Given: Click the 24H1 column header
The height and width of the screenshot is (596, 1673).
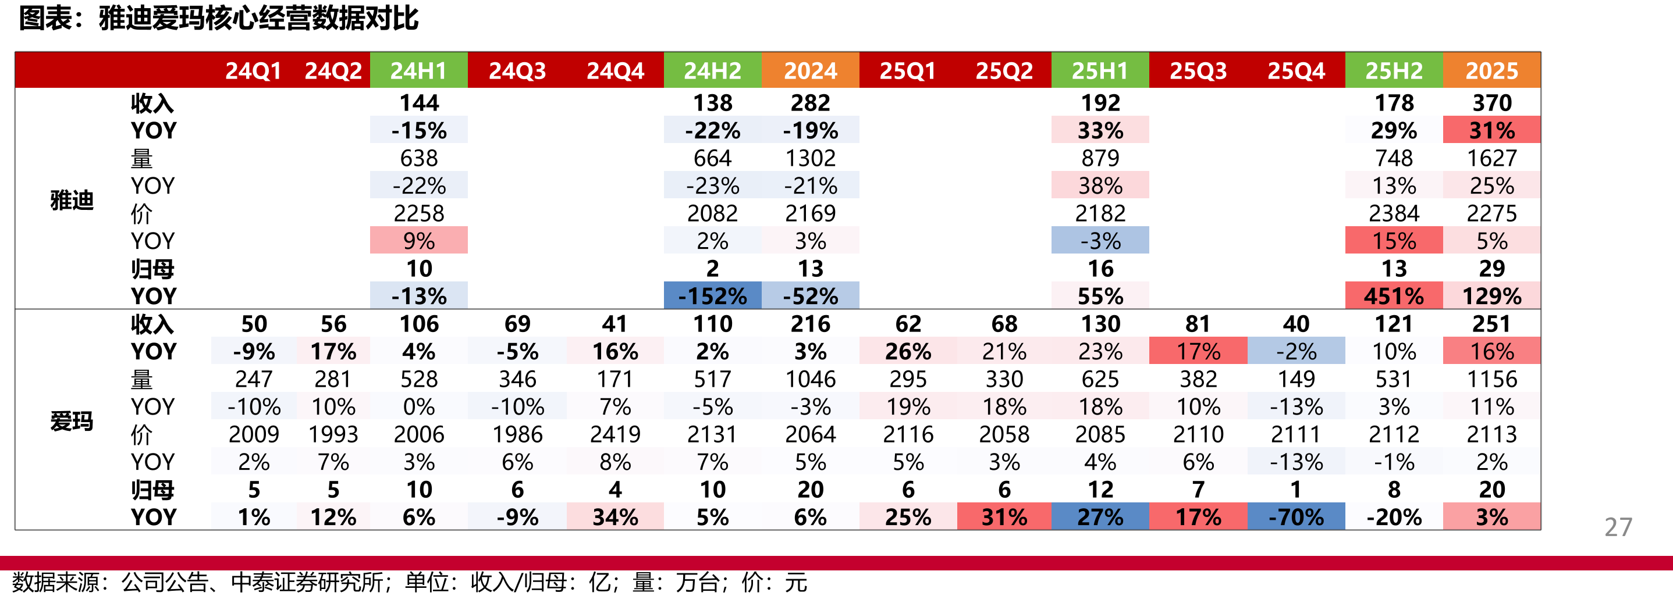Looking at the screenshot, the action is point(418,70).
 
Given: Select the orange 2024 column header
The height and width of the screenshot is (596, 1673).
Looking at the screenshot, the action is point(810,70).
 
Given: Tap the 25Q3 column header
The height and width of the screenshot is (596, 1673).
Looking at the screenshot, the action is point(1198,70).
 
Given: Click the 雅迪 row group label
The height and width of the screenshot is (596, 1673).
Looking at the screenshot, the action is point(72,200).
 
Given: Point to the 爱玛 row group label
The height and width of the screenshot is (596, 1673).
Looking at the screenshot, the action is point(72,422).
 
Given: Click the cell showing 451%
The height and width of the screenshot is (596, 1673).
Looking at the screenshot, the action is point(1394,296).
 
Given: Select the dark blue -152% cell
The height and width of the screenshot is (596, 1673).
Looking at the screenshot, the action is point(712,296).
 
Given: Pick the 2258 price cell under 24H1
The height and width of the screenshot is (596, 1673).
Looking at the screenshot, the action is point(419,213).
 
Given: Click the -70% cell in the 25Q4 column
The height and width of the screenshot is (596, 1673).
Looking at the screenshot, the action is point(1296,517).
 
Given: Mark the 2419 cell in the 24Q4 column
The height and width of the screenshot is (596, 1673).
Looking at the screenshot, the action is point(615,434).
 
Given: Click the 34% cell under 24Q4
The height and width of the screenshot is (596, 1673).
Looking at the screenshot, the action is point(615,517).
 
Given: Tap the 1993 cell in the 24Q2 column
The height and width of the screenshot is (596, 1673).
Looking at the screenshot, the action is point(333,434).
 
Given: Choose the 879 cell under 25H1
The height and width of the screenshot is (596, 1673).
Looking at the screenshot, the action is point(1100,158).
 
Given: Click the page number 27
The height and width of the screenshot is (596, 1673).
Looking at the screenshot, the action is point(1618,527).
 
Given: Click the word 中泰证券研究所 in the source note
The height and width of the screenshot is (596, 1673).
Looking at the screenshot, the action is point(307,581).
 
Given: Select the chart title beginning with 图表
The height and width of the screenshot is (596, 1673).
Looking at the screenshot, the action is point(218,18).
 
